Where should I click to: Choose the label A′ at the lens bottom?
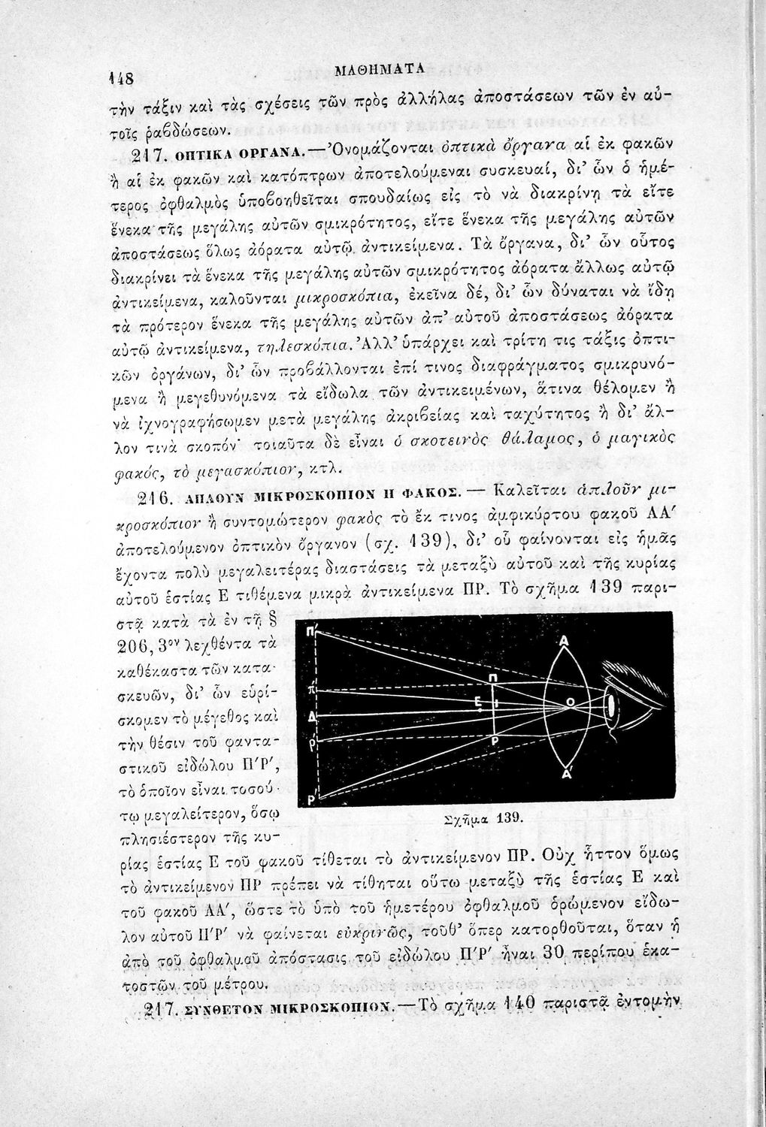coord(565,771)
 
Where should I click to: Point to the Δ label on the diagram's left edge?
coord(311,715)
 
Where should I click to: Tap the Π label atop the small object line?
coord(492,676)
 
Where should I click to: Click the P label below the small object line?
coord(495,738)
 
